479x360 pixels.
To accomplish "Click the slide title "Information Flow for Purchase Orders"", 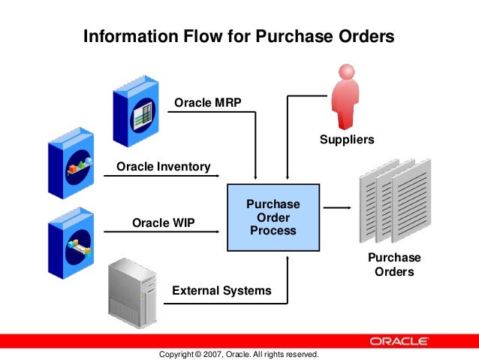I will click(238, 36).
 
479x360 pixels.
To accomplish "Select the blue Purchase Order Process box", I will click(273, 217).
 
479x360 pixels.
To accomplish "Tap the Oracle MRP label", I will click(208, 102).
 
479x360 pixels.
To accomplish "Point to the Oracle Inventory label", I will click(163, 166).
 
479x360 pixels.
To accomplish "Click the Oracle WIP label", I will click(163, 223).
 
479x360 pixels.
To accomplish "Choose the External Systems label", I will click(221, 290).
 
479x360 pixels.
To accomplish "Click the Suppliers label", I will click(346, 140).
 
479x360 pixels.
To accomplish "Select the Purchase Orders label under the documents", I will click(394, 265).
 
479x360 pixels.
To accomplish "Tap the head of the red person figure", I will click(347, 73).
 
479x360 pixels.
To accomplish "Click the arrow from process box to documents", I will click(338, 208).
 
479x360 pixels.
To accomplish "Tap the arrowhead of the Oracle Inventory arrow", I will click(222, 177).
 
